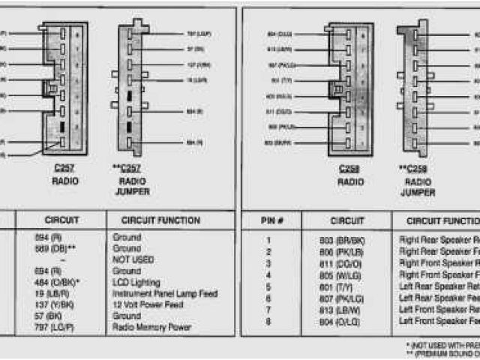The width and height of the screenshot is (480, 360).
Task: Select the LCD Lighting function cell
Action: pyautogui.click(x=136, y=283)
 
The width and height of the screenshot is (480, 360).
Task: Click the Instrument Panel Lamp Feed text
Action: pyautogui.click(x=165, y=294)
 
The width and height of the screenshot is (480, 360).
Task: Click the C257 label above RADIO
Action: pyautogui.click(x=64, y=169)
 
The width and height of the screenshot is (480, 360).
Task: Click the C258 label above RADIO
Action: pyautogui.click(x=349, y=169)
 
